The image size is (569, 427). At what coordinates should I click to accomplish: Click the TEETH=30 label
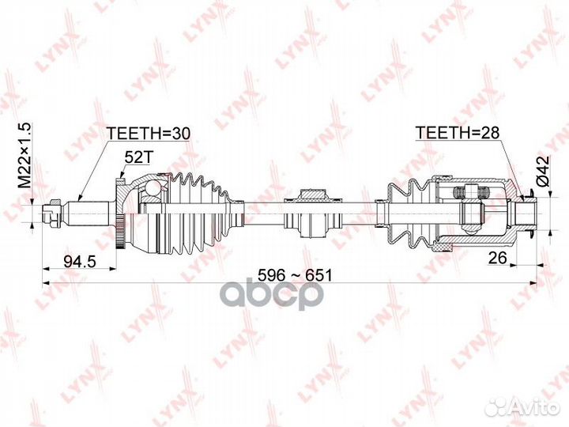[148, 134]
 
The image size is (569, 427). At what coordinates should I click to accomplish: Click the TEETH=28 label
[458, 133]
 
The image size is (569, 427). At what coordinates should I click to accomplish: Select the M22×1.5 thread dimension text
[26, 156]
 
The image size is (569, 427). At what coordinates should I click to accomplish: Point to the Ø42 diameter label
[543, 172]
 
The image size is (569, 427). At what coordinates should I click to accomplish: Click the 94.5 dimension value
[80, 261]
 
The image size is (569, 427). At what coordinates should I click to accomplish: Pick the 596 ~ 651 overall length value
[295, 276]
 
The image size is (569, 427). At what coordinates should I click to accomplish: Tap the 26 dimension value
[497, 258]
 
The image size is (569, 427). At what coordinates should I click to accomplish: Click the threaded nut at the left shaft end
[50, 213]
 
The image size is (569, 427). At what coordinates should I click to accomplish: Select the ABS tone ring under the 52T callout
[120, 213]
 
